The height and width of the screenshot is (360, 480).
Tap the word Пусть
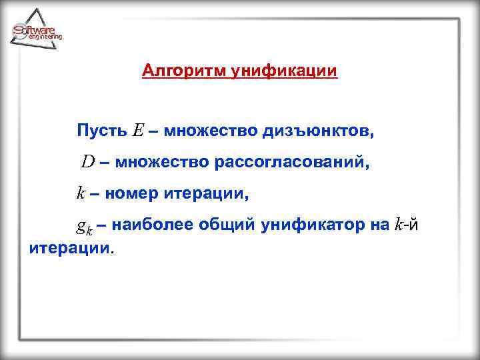click(101, 130)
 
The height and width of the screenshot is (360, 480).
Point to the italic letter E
click(137, 130)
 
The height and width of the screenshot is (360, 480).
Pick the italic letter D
click(88, 161)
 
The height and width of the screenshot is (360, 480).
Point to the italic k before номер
click(79, 194)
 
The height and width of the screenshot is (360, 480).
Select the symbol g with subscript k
click(84, 227)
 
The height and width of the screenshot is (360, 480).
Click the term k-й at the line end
click(406, 225)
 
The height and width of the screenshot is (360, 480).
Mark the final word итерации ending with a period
click(72, 249)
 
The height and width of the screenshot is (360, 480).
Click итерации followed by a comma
click(206, 194)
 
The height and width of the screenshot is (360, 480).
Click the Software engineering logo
click(37, 31)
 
